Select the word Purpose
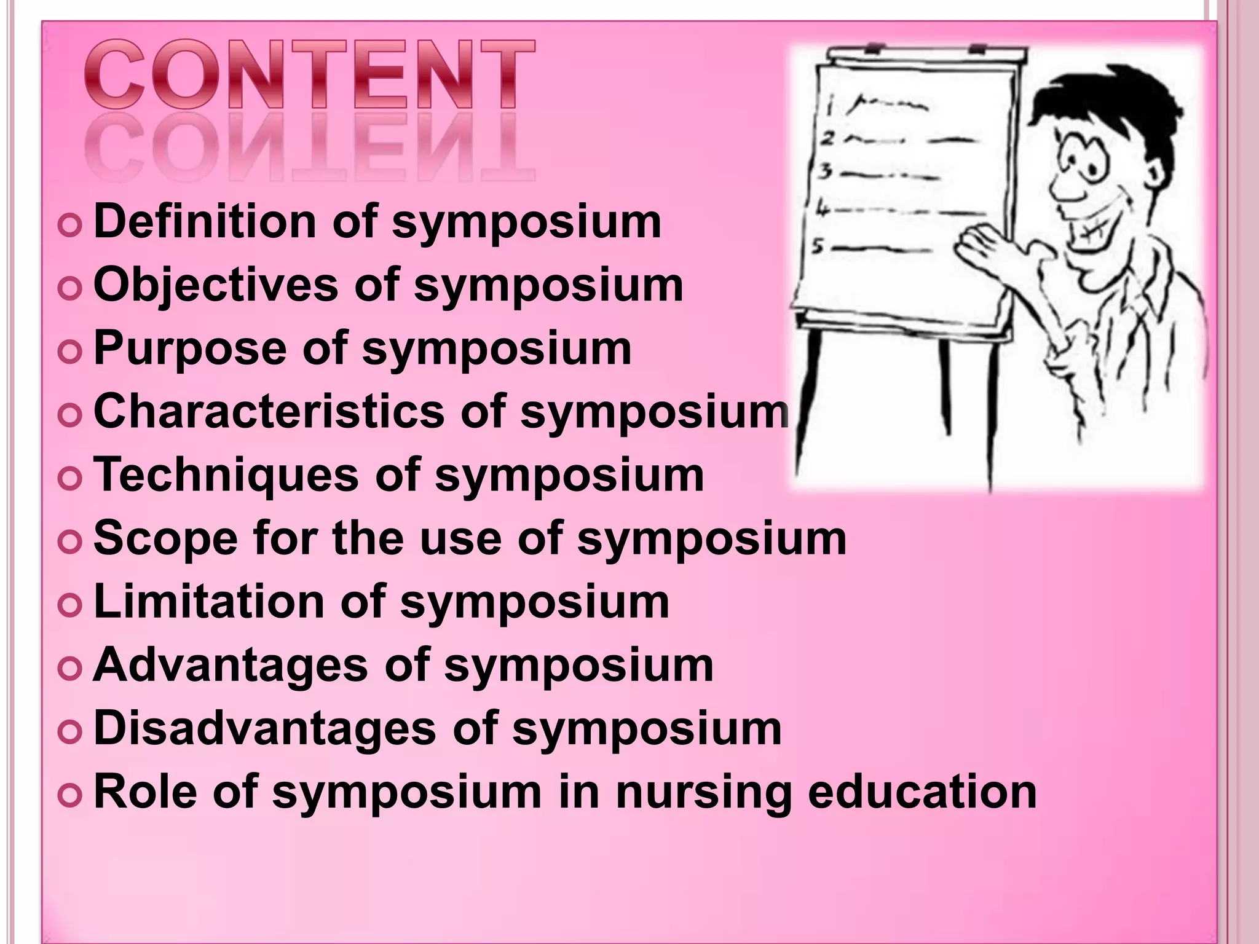pyautogui.click(x=189, y=348)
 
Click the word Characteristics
pyautogui.click(x=269, y=411)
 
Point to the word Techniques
pyautogui.click(x=226, y=474)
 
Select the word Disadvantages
pyautogui.click(x=264, y=728)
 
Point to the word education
pyautogui.click(x=922, y=792)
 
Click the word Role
pyautogui.click(x=145, y=792)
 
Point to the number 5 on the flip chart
pyautogui.click(x=818, y=246)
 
